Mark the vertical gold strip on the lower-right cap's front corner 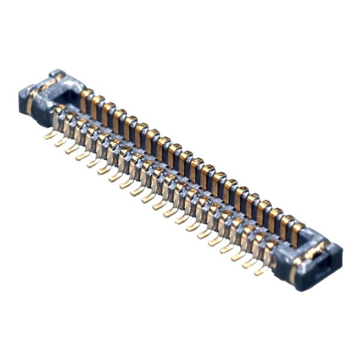point(293,273)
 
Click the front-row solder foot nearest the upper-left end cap point(50,136)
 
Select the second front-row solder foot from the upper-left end point(61,142)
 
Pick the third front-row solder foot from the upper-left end point(72,149)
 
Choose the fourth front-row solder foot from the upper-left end point(83,155)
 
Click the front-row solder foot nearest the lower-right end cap point(261,271)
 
